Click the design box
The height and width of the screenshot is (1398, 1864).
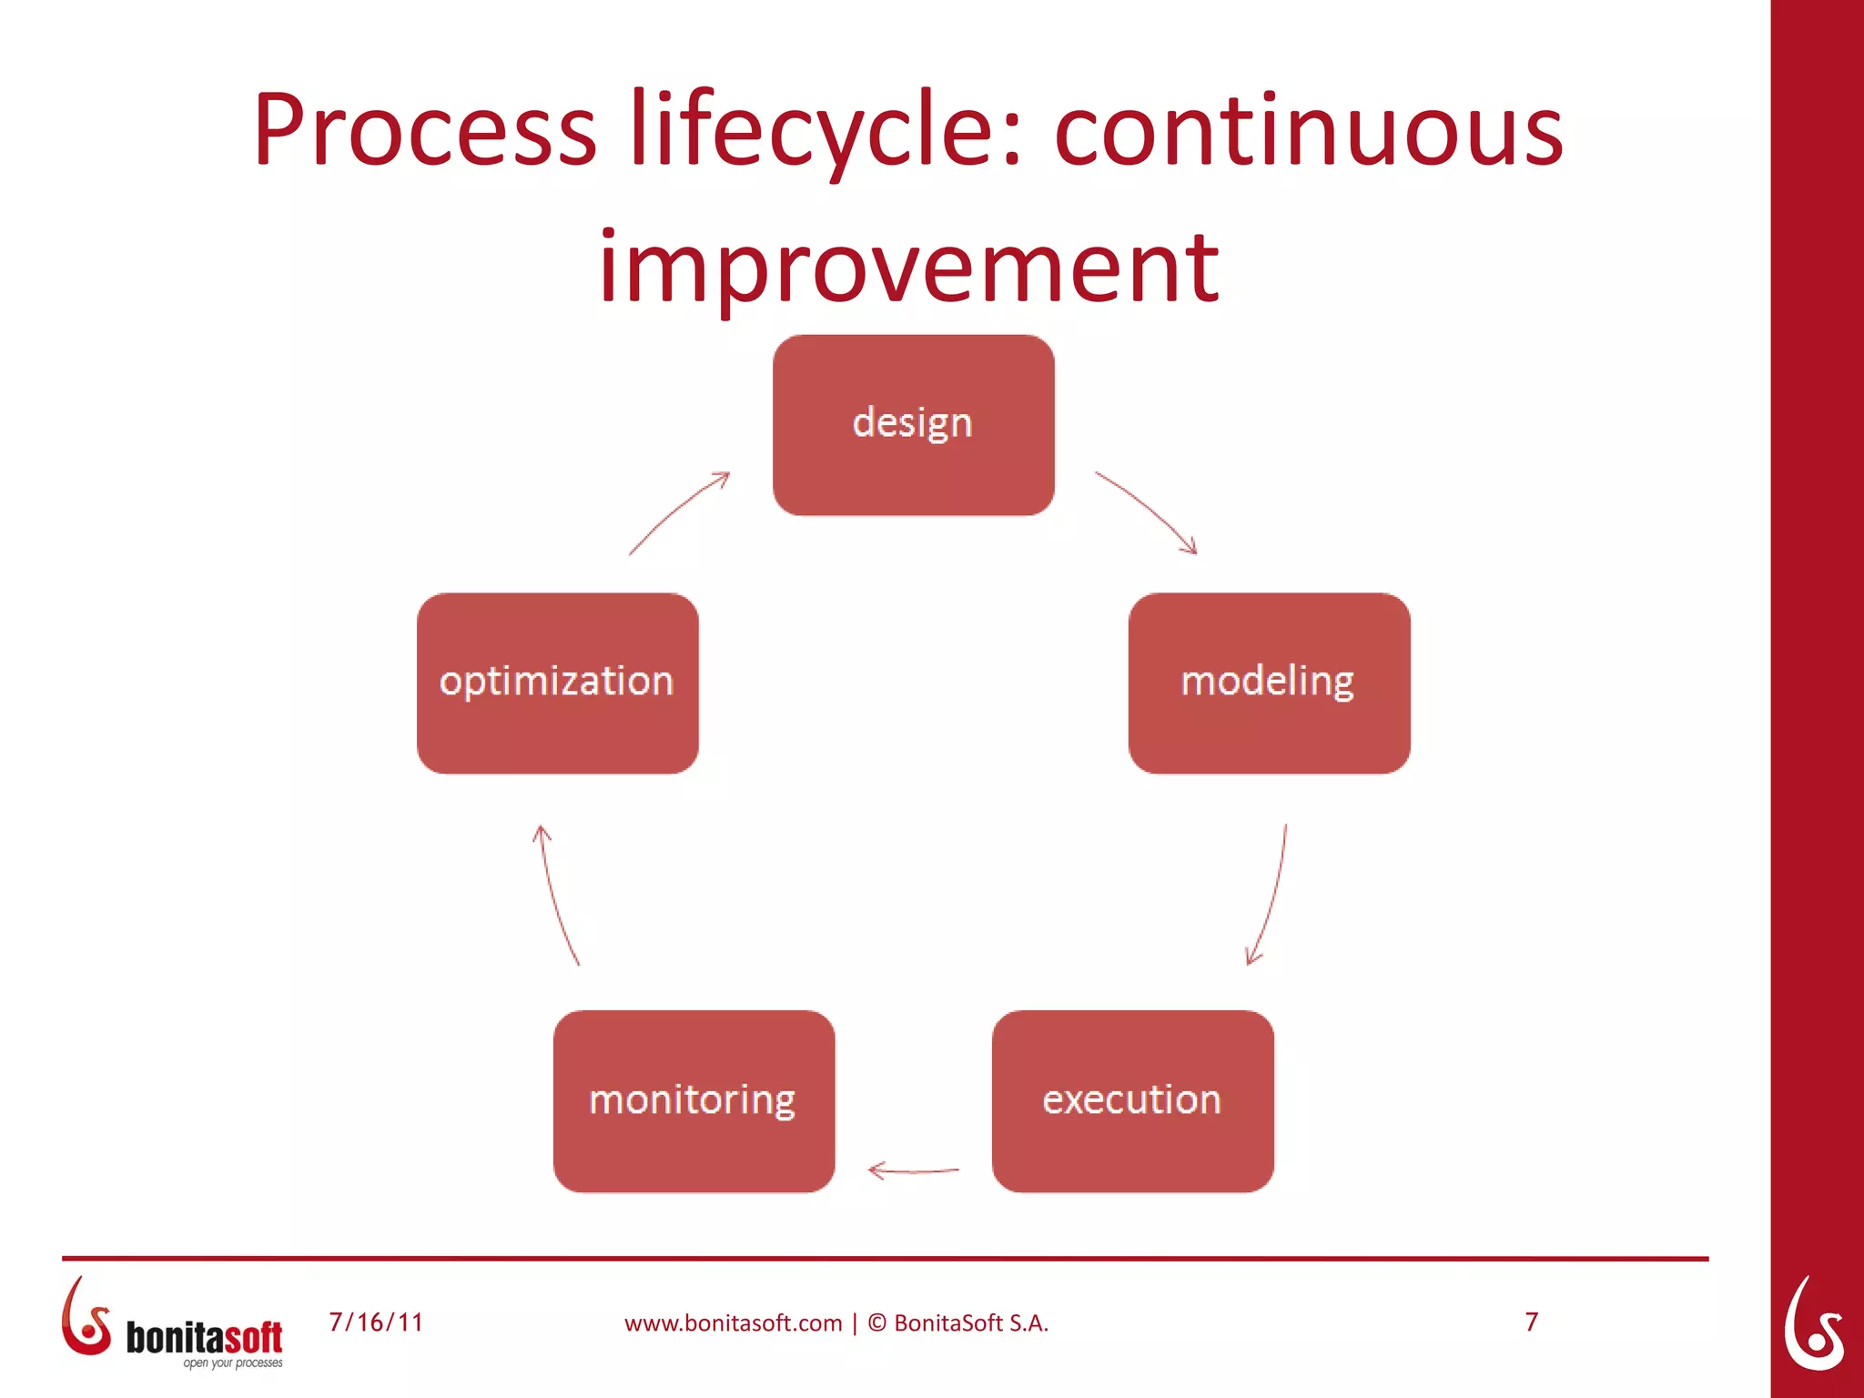913,425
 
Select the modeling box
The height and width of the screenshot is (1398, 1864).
1269,683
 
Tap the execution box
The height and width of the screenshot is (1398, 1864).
1132,1100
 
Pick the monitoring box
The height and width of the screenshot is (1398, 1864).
694,1100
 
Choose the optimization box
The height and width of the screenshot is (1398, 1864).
557,683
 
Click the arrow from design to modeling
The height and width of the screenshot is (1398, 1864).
1147,511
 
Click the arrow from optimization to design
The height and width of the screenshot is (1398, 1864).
678,512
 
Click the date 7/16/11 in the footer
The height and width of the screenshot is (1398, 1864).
376,1322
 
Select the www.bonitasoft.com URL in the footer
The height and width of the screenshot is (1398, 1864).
733,1323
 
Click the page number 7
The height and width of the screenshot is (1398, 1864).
1532,1322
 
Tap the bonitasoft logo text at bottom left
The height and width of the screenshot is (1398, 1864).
204,1337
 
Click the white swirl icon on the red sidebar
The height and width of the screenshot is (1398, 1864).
1813,1323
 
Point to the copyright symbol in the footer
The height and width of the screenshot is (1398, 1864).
876,1322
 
